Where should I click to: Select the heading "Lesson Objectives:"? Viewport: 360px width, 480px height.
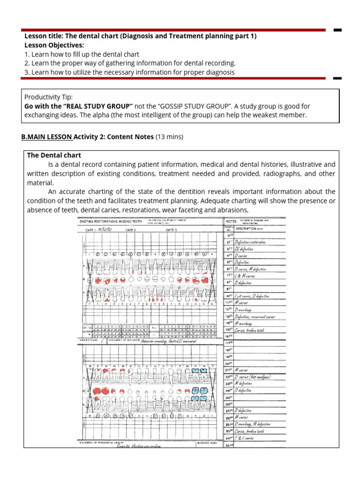tap(54, 45)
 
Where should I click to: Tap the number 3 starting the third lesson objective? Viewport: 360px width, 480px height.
tap(26, 72)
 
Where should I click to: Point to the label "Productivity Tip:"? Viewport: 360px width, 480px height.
tap(48, 97)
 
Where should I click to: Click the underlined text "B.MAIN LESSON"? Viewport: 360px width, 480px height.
tap(46, 137)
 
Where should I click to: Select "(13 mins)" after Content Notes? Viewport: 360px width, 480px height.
tap(169, 137)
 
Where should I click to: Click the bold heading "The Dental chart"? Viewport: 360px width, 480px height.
tap(54, 155)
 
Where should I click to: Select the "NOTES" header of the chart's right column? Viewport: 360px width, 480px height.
tap(231, 221)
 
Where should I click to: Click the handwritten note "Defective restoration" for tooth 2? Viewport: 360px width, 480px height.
tap(250, 242)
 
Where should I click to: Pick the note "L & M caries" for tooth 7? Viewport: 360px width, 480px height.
tap(244, 276)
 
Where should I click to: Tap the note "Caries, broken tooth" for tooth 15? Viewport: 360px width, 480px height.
tap(249, 330)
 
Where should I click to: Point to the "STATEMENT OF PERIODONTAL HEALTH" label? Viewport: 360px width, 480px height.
tap(101, 442)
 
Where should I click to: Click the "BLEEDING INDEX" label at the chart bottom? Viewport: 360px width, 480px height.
tap(207, 442)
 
